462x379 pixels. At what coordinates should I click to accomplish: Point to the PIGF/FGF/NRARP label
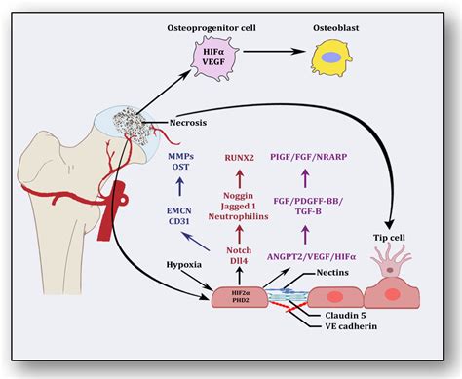pos(327,155)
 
